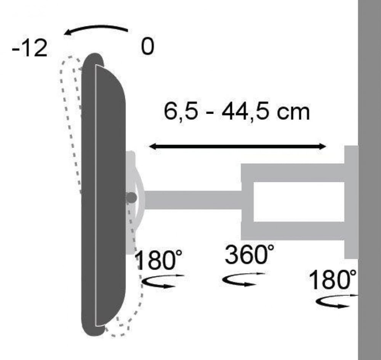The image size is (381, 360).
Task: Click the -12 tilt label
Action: click(29, 48)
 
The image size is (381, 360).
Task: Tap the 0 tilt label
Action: click(147, 46)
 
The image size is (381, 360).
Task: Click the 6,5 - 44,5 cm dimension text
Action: click(237, 111)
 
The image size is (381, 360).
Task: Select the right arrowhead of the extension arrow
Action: click(323, 147)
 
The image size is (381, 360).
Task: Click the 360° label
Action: click(249, 254)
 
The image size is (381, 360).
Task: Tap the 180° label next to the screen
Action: click(158, 260)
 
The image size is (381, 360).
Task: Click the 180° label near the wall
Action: click(332, 279)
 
